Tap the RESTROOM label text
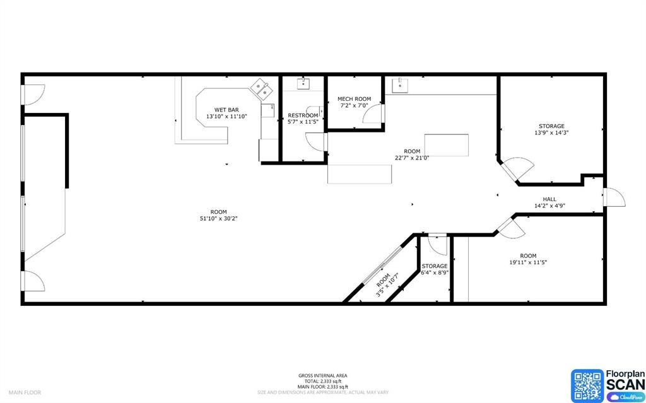point(303,115)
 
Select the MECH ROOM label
point(354,99)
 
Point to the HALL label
point(549,199)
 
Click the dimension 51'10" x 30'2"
point(219,218)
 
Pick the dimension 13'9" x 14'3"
point(551,132)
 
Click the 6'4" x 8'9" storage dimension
point(435,272)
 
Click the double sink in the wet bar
point(261,89)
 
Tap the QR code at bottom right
point(587,385)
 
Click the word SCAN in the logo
point(625,384)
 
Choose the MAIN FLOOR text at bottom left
point(25,392)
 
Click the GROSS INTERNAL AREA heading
point(322,376)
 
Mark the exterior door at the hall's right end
point(614,197)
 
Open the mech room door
point(377,114)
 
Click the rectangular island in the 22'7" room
point(447,144)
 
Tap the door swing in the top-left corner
point(33,94)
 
